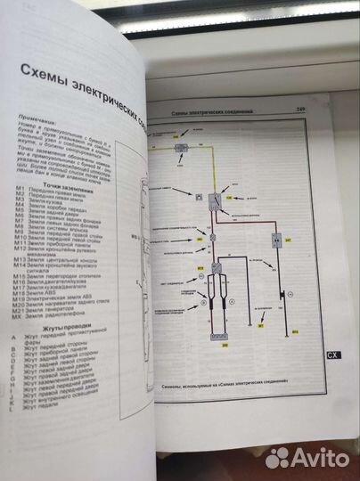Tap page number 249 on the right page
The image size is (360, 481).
tap(301, 109)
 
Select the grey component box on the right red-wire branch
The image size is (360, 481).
tap(276, 240)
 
